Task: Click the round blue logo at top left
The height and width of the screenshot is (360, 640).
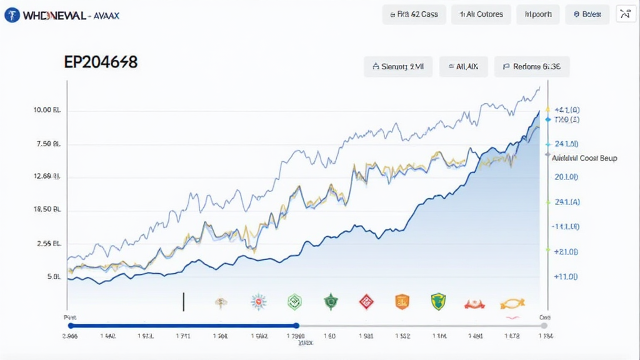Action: (12, 15)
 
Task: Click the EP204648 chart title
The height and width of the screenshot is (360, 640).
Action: (101, 62)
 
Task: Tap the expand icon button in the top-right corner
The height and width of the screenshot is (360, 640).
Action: (626, 14)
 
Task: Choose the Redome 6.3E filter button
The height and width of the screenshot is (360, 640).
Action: (532, 66)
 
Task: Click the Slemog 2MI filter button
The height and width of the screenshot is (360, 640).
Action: (398, 66)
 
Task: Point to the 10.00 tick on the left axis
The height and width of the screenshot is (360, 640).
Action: (47, 111)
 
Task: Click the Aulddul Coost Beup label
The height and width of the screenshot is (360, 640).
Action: (585, 158)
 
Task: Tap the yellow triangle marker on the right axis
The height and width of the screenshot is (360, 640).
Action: (548, 109)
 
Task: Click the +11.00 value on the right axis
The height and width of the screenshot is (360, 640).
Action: (566, 276)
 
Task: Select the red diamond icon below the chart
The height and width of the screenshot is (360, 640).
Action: (366, 302)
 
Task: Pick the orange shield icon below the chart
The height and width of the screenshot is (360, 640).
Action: (402, 302)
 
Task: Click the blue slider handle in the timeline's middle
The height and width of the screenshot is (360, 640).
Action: (296, 325)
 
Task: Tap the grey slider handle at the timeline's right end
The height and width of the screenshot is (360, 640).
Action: (544, 325)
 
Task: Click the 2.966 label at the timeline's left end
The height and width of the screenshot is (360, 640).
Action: (70, 336)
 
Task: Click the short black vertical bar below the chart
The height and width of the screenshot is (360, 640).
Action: (184, 301)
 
